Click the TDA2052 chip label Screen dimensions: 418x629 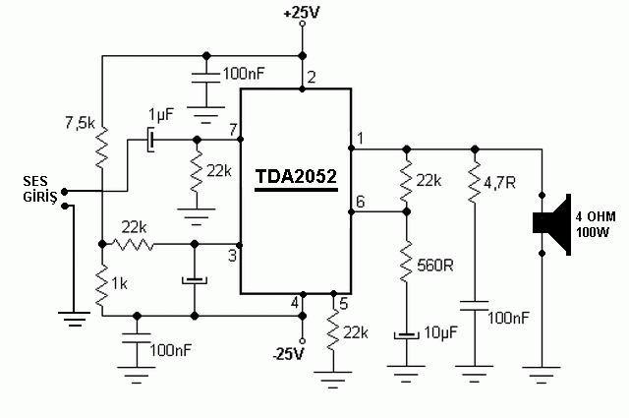296,177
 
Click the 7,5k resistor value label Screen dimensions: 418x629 79,123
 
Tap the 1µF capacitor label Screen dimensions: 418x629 160,114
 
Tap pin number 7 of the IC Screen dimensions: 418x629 233,129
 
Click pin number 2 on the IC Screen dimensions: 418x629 312,77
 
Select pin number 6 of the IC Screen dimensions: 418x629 360,201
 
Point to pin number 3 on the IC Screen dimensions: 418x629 233,257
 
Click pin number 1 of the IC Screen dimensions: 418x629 360,138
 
